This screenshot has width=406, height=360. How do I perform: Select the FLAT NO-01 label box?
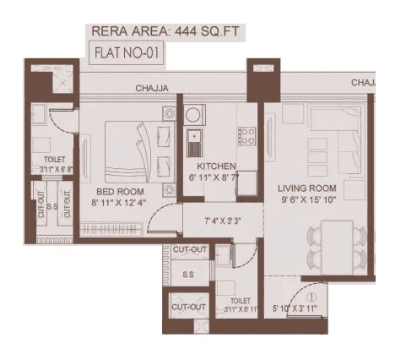127,54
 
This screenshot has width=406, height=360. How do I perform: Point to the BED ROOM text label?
113,191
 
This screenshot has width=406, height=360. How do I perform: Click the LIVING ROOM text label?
308,188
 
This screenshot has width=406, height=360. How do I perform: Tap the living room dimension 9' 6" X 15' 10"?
309,200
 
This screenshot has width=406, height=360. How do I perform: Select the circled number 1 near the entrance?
311,296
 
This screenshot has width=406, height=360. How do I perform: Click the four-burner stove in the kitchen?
247,135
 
